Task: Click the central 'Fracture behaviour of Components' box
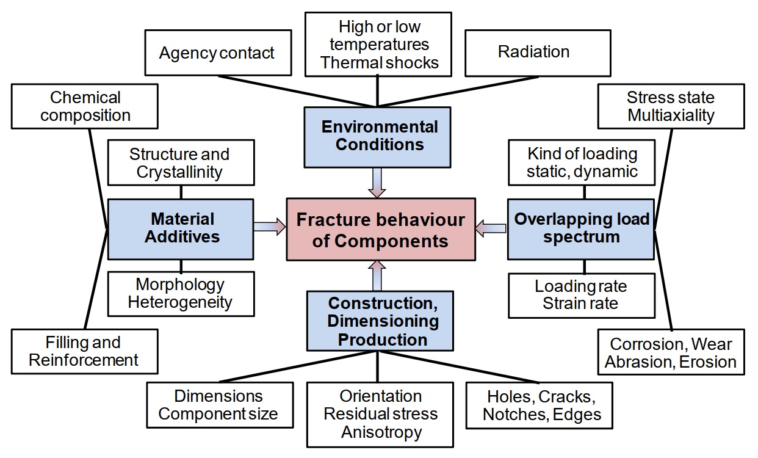point(381,230)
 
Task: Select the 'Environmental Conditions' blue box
point(377,136)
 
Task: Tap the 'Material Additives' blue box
point(181,228)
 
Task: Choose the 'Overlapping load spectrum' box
point(581,228)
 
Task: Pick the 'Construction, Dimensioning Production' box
point(380,321)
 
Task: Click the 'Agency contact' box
point(217,53)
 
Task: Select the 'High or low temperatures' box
point(379,45)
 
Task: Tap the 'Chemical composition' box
point(85,106)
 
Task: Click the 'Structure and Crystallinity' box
point(181,163)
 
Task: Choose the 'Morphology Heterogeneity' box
point(181,294)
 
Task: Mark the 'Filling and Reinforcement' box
point(84,351)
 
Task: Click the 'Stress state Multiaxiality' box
point(671,106)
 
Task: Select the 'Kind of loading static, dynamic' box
point(582,162)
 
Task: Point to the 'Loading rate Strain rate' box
point(581,296)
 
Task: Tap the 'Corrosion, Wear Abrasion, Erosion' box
point(671,352)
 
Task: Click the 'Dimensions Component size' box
point(219,405)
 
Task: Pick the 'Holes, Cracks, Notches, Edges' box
point(538,405)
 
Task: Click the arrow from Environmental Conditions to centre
point(377,183)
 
